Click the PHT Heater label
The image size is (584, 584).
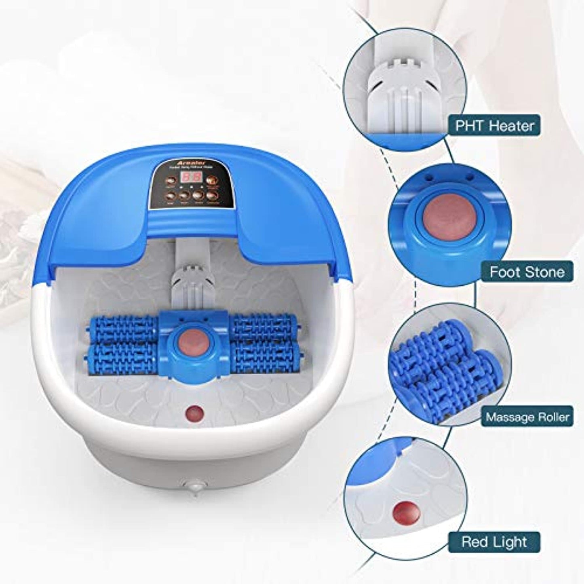point(494,125)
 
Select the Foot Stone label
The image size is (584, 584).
point(527,272)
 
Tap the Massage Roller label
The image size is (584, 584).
point(527,417)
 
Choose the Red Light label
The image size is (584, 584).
point(494,542)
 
